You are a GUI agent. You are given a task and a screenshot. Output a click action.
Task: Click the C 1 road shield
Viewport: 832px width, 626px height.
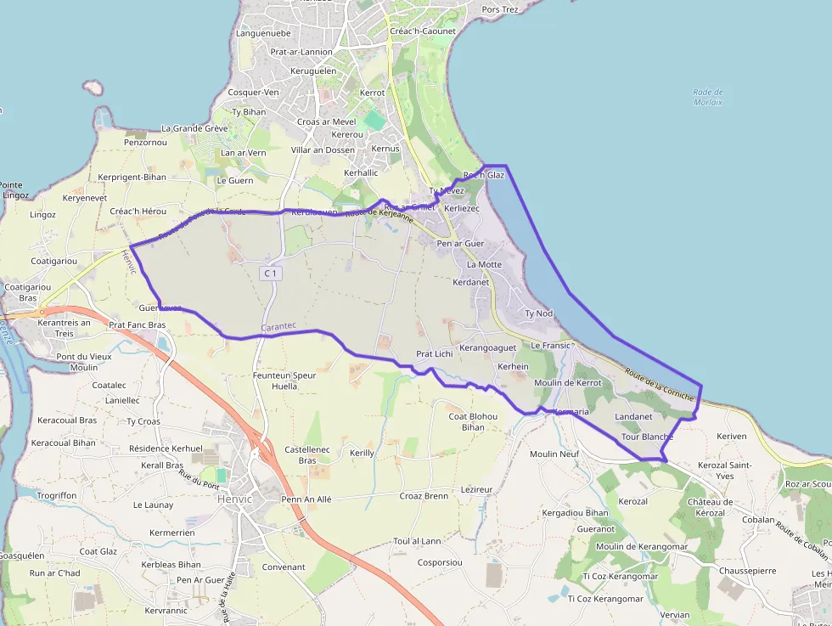point(271,274)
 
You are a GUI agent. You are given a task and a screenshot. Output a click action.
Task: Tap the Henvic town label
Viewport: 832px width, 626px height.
point(235,499)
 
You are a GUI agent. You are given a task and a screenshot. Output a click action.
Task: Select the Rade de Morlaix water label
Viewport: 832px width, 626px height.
point(707,97)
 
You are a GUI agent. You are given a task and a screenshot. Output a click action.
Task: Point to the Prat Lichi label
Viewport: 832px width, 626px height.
point(435,353)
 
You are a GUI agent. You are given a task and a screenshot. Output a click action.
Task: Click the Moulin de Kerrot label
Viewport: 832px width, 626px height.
point(568,383)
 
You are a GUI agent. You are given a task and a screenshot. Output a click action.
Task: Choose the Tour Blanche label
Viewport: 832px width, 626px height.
point(647,437)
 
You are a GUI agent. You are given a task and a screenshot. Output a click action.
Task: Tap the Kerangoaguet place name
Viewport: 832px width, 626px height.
point(487,348)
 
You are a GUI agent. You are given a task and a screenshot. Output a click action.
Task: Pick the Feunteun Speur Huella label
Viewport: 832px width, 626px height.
point(284,380)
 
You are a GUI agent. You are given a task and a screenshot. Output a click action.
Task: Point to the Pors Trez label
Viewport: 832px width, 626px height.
point(499,9)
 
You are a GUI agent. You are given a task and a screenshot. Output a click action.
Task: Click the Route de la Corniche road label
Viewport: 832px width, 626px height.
point(660,384)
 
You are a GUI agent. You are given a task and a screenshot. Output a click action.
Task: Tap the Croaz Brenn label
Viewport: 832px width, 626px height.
point(424,495)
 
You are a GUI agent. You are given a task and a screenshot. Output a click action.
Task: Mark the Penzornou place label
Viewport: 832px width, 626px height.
point(145,142)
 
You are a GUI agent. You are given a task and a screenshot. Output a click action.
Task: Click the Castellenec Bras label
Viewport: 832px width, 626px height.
point(301,454)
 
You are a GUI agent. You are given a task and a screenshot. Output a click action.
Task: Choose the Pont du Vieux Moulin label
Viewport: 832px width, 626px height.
point(83,362)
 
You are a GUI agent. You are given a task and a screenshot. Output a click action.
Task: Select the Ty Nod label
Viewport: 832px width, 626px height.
point(538,313)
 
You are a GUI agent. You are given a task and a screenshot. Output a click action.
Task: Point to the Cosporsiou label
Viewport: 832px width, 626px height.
point(440,562)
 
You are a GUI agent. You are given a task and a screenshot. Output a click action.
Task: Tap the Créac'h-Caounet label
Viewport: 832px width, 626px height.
point(423,31)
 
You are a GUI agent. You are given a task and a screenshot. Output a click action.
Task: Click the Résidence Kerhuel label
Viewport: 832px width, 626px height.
point(166,448)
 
